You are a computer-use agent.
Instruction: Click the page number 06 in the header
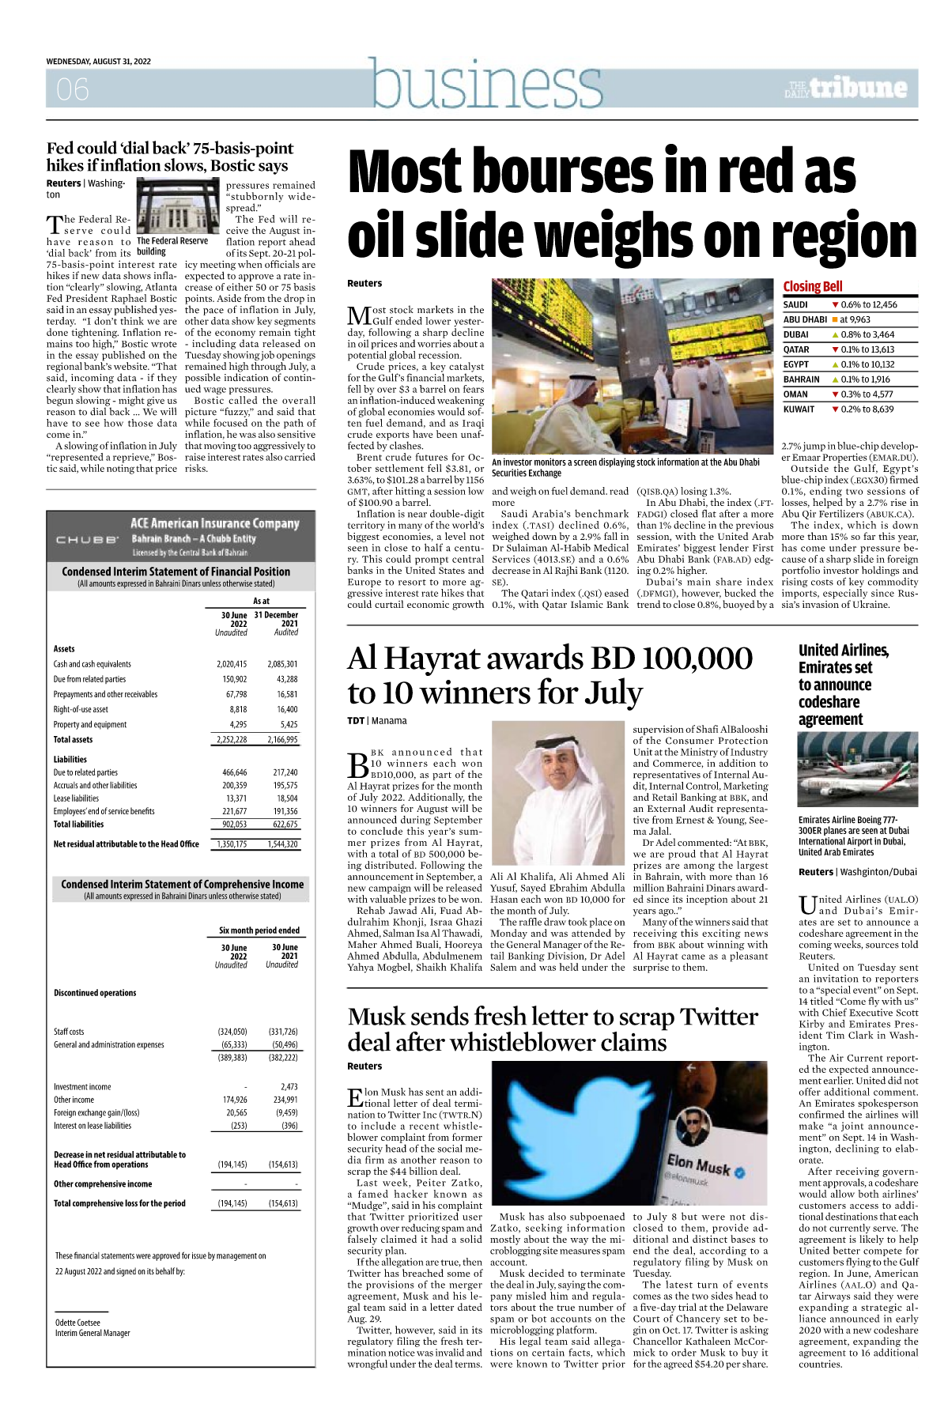point(72,89)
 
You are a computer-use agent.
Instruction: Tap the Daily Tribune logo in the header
point(846,88)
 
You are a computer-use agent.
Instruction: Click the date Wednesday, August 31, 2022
point(98,62)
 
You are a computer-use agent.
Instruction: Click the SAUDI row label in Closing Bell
point(795,304)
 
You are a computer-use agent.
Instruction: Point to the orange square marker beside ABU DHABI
point(834,319)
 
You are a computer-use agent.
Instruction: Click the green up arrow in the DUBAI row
point(835,334)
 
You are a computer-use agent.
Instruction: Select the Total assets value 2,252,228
point(232,740)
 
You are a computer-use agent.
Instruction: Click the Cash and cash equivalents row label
point(93,664)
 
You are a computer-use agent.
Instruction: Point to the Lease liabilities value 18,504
point(286,798)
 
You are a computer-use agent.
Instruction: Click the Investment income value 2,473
point(289,1087)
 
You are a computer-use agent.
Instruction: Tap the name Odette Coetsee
point(77,1323)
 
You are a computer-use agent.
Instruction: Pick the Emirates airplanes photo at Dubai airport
point(858,770)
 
